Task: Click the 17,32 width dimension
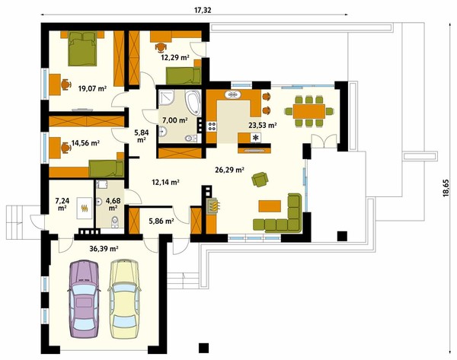coord(203,10)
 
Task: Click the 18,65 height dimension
coord(446,189)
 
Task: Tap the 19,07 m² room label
coord(92,88)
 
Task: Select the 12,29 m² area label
coord(175,57)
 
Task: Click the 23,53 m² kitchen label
coord(262,126)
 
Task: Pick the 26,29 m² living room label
coord(229,170)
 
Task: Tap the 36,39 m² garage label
coord(104,248)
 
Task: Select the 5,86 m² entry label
coord(161,221)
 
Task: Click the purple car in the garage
coord(84,299)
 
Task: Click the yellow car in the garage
coord(124,299)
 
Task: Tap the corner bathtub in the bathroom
coord(193,103)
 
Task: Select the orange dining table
coord(309,111)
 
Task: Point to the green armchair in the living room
coord(260,179)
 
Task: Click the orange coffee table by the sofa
coord(270,206)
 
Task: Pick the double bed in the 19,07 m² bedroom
coord(82,49)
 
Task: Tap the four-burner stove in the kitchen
coord(212,126)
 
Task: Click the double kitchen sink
coord(232,94)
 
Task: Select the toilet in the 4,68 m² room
coord(115,221)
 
